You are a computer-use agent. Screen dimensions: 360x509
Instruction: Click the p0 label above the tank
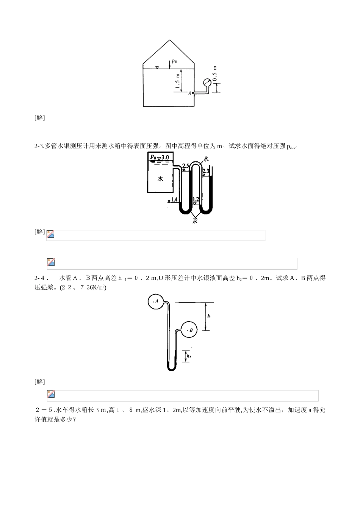[x=174, y=61]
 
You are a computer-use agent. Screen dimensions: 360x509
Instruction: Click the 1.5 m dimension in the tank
[x=177, y=81]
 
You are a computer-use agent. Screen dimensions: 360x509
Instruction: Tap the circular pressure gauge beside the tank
[x=207, y=83]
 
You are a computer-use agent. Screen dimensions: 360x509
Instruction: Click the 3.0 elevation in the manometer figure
[x=165, y=157]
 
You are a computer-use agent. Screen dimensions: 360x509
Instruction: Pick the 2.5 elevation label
[x=186, y=166]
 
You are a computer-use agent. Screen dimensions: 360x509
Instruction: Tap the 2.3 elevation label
[x=206, y=171]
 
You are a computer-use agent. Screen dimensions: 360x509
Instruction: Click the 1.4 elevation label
[x=174, y=200]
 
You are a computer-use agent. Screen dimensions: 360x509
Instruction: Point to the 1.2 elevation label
[x=196, y=199]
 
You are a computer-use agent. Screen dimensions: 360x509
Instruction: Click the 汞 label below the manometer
[x=195, y=220]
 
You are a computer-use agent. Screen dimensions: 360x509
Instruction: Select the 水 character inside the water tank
[x=160, y=179]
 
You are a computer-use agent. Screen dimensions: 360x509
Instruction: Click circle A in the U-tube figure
[x=155, y=301]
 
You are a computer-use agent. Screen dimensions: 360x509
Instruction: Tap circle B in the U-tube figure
[x=189, y=330]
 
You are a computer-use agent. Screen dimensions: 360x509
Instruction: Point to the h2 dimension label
[x=189, y=356]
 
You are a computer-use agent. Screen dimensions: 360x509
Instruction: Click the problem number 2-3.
[x=39, y=146]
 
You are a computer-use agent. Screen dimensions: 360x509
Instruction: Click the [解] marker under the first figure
[x=39, y=117]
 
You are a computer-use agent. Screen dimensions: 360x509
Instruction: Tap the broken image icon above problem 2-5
[x=51, y=394]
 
